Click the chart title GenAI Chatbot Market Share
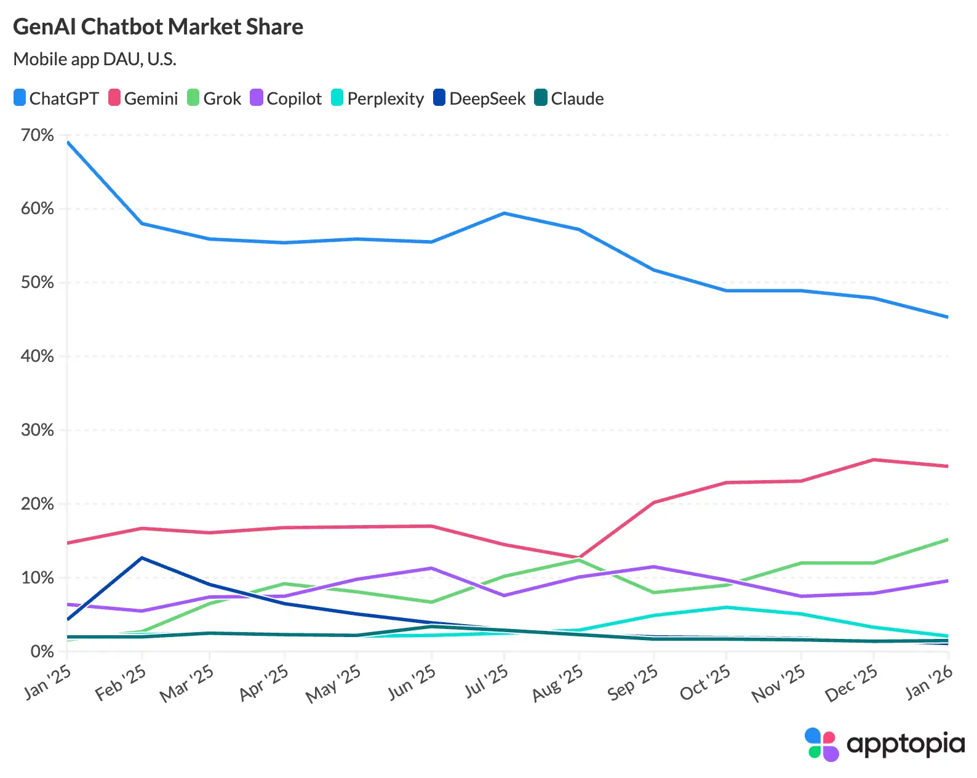tap(158, 26)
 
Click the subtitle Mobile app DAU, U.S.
tap(95, 59)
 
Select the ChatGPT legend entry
tap(56, 98)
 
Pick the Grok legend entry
tap(214, 98)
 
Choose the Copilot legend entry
tap(286, 98)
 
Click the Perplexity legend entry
tap(377, 98)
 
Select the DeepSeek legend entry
tap(479, 98)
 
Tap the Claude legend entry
tap(569, 98)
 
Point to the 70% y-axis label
tap(38, 135)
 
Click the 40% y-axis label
tap(38, 356)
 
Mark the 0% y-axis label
tap(42, 651)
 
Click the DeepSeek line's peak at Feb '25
tap(142, 558)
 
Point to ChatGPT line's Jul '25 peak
tap(504, 213)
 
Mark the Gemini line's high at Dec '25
tap(874, 460)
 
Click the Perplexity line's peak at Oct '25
tap(727, 608)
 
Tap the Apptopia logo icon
tap(821, 744)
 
